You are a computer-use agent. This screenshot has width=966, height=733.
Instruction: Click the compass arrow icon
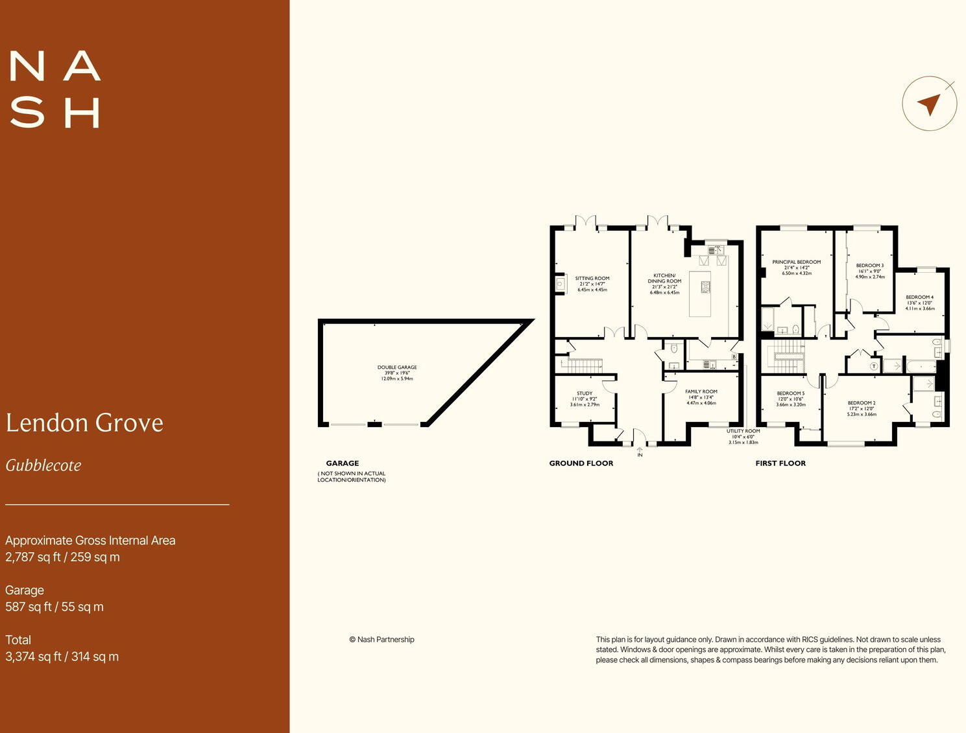[929, 104]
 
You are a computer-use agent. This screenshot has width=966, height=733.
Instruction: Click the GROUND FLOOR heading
[581, 463]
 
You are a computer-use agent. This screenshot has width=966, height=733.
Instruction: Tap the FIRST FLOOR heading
[780, 463]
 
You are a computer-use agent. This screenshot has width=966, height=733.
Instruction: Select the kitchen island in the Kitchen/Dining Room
[701, 294]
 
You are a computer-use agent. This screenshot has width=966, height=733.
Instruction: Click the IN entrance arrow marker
[640, 451]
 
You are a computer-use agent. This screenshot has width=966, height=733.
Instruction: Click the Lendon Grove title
[84, 423]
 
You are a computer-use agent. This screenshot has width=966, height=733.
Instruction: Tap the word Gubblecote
[43, 465]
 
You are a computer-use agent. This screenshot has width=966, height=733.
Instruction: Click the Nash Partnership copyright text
[381, 640]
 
